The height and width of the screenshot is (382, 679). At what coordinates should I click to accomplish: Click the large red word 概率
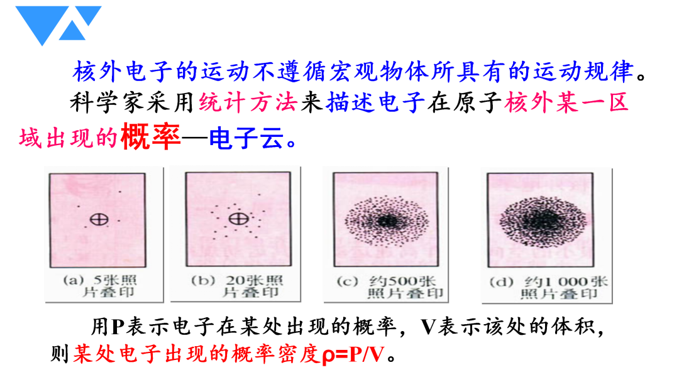click(150, 137)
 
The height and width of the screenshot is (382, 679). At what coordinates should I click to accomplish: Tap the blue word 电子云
click(246, 138)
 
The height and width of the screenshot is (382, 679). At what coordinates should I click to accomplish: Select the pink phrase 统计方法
click(248, 103)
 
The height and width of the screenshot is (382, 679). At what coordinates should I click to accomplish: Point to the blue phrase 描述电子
click(375, 103)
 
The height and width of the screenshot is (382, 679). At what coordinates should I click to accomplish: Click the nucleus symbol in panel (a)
click(99, 219)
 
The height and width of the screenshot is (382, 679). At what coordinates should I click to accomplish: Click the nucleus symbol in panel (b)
click(239, 219)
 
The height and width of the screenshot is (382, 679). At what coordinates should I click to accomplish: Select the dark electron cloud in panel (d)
click(543, 221)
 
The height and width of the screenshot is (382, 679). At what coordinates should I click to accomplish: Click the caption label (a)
click(74, 280)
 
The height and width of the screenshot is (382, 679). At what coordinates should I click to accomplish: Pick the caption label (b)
click(203, 280)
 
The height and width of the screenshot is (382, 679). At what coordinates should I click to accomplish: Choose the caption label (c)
click(347, 281)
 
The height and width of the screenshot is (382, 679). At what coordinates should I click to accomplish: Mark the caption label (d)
click(502, 283)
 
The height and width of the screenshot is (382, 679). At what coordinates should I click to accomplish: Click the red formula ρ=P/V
click(353, 354)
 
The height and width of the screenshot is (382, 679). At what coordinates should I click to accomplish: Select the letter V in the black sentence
click(428, 327)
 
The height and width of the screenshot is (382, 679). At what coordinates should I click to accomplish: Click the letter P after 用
click(118, 327)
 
